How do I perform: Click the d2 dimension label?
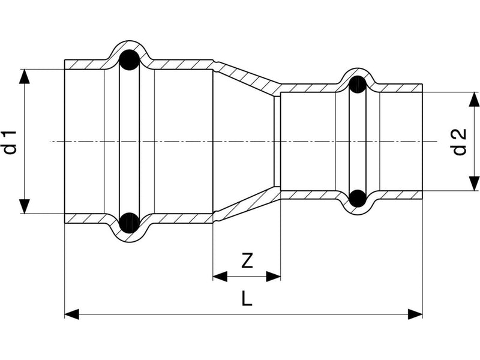(459, 142)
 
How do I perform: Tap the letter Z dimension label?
(247, 261)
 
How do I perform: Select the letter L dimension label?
(247, 299)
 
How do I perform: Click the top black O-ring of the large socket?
(129, 60)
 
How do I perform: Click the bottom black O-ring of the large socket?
(129, 223)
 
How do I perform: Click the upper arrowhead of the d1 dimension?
(25, 77)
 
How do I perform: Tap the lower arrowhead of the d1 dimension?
(25, 206)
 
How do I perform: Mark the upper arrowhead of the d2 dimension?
(474, 99)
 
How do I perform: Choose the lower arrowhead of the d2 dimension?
(474, 184)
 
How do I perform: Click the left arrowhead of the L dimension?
(71, 314)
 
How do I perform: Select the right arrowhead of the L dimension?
(415, 314)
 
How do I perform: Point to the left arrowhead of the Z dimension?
(220, 277)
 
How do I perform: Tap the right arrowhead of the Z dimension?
(274, 277)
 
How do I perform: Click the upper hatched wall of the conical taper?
(247, 77)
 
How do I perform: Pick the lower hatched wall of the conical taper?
(247, 206)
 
